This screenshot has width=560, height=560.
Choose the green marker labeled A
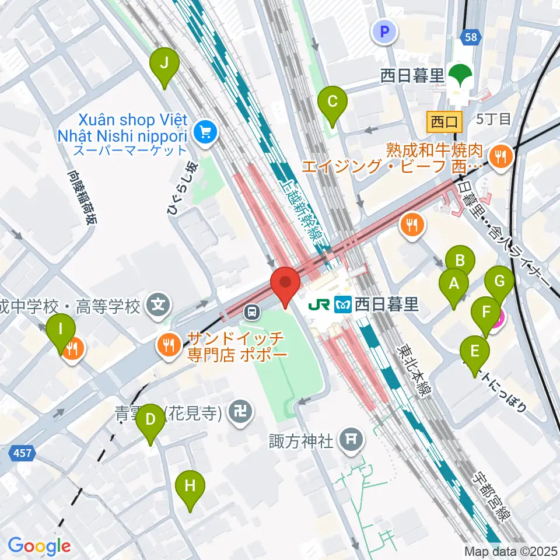(x=453, y=285)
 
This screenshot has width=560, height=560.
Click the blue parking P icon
(x=384, y=32)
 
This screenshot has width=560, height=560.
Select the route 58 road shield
(x=470, y=37)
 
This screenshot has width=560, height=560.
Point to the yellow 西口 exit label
(x=444, y=121)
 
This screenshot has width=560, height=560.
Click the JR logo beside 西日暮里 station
(x=320, y=304)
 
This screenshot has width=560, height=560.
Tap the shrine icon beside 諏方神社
(x=351, y=439)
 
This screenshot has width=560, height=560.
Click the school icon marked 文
(x=158, y=304)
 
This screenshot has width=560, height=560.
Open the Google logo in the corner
(x=40, y=546)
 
